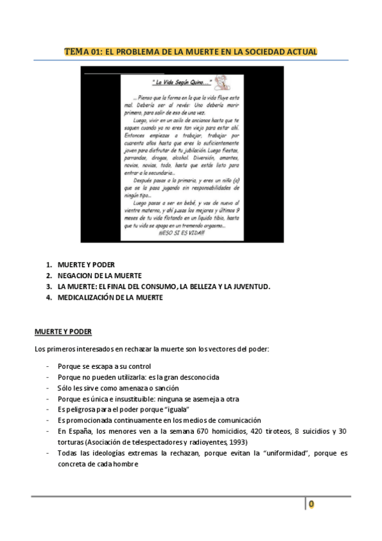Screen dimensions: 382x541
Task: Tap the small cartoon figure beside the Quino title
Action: point(221,81)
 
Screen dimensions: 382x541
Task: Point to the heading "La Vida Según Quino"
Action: point(182,83)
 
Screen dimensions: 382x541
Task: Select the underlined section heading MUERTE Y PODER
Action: point(63,332)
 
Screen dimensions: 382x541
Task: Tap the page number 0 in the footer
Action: point(311,504)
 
